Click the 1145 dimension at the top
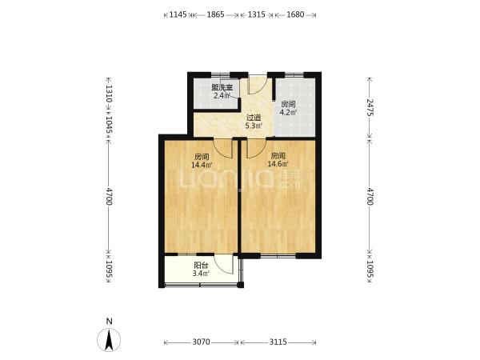click(x=178, y=14)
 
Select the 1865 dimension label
click(x=215, y=14)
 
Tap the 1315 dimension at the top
click(x=256, y=14)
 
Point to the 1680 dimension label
click(x=295, y=14)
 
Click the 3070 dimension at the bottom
click(x=201, y=342)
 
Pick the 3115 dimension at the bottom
click(x=278, y=342)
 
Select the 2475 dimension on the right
click(x=370, y=107)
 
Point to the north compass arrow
click(x=109, y=340)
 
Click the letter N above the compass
click(x=109, y=321)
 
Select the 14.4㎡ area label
click(x=202, y=165)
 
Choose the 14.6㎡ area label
click(x=278, y=164)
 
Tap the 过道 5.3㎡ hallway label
click(x=254, y=122)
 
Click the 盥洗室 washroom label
click(x=222, y=87)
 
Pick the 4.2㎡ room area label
click(x=288, y=112)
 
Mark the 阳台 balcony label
click(x=201, y=266)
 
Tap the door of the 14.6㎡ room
click(x=257, y=149)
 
